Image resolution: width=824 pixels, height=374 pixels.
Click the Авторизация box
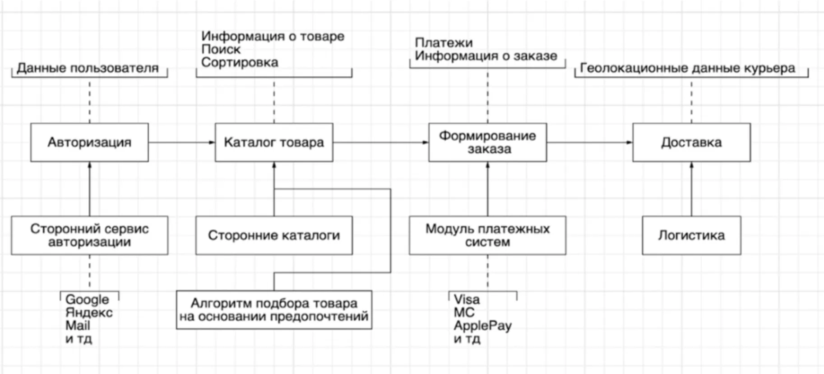pyautogui.click(x=89, y=143)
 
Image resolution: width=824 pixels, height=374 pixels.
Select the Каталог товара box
pyautogui.click(x=274, y=143)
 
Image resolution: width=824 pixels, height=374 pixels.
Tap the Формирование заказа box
pyautogui.click(x=487, y=143)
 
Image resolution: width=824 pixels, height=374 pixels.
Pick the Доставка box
pyautogui.click(x=691, y=143)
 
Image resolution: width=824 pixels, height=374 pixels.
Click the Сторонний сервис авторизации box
pyautogui.click(x=89, y=235)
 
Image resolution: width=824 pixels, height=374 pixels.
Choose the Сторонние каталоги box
pyautogui.click(x=274, y=235)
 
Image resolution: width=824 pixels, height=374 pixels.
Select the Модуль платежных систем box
pyautogui.click(x=487, y=235)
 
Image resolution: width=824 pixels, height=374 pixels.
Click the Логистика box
pyautogui.click(x=691, y=235)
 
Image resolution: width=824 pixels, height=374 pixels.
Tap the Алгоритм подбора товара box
pyautogui.click(x=274, y=309)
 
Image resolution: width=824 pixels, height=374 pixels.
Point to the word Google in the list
pyautogui.click(x=87, y=300)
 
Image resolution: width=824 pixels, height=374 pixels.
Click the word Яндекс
pyautogui.click(x=89, y=312)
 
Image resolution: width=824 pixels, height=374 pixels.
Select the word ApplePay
pyautogui.click(x=482, y=326)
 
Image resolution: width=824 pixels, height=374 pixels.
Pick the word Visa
pyautogui.click(x=467, y=299)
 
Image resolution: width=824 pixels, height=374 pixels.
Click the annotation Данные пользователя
pyautogui.click(x=88, y=68)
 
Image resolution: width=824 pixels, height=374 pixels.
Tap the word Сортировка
pyautogui.click(x=240, y=62)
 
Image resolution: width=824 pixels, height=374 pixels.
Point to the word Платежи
pyautogui.click(x=444, y=43)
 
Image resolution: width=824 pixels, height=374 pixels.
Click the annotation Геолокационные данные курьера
pyautogui.click(x=687, y=68)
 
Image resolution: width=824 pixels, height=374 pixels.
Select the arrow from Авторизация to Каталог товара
pyautogui.click(x=182, y=143)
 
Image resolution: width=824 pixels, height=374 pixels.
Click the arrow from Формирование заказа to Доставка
pyautogui.click(x=590, y=143)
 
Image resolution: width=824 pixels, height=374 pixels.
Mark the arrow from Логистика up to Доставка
pyautogui.click(x=691, y=189)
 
